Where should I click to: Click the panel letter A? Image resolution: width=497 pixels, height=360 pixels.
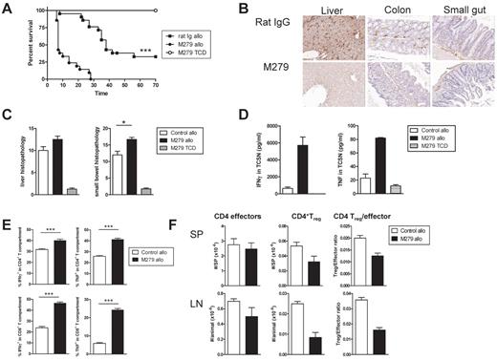click(8, 8)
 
